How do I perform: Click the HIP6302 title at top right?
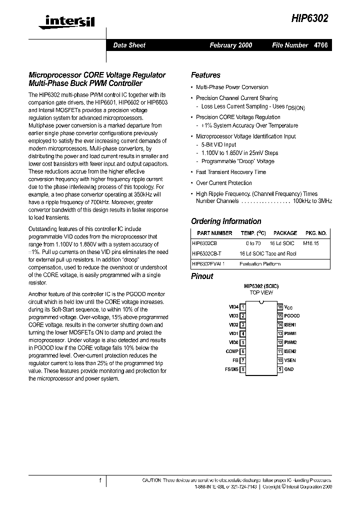click(x=310, y=17)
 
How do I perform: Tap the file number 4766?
click(x=320, y=45)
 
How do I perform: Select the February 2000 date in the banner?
click(x=230, y=45)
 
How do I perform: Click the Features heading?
click(x=205, y=75)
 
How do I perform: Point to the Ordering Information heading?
click(x=226, y=221)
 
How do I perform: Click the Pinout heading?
click(x=202, y=276)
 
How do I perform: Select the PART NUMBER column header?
click(x=214, y=233)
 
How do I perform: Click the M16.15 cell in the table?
click(x=311, y=242)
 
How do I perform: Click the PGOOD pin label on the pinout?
click(x=292, y=316)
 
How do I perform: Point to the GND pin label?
click(x=289, y=369)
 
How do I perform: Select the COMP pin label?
click(x=232, y=351)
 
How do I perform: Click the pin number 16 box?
click(x=280, y=307)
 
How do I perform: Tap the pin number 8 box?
click(x=242, y=369)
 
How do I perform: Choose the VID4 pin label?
click(x=233, y=307)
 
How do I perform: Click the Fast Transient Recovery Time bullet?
click(x=231, y=172)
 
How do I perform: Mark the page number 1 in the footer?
click(x=100, y=480)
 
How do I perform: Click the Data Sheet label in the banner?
click(x=129, y=45)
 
